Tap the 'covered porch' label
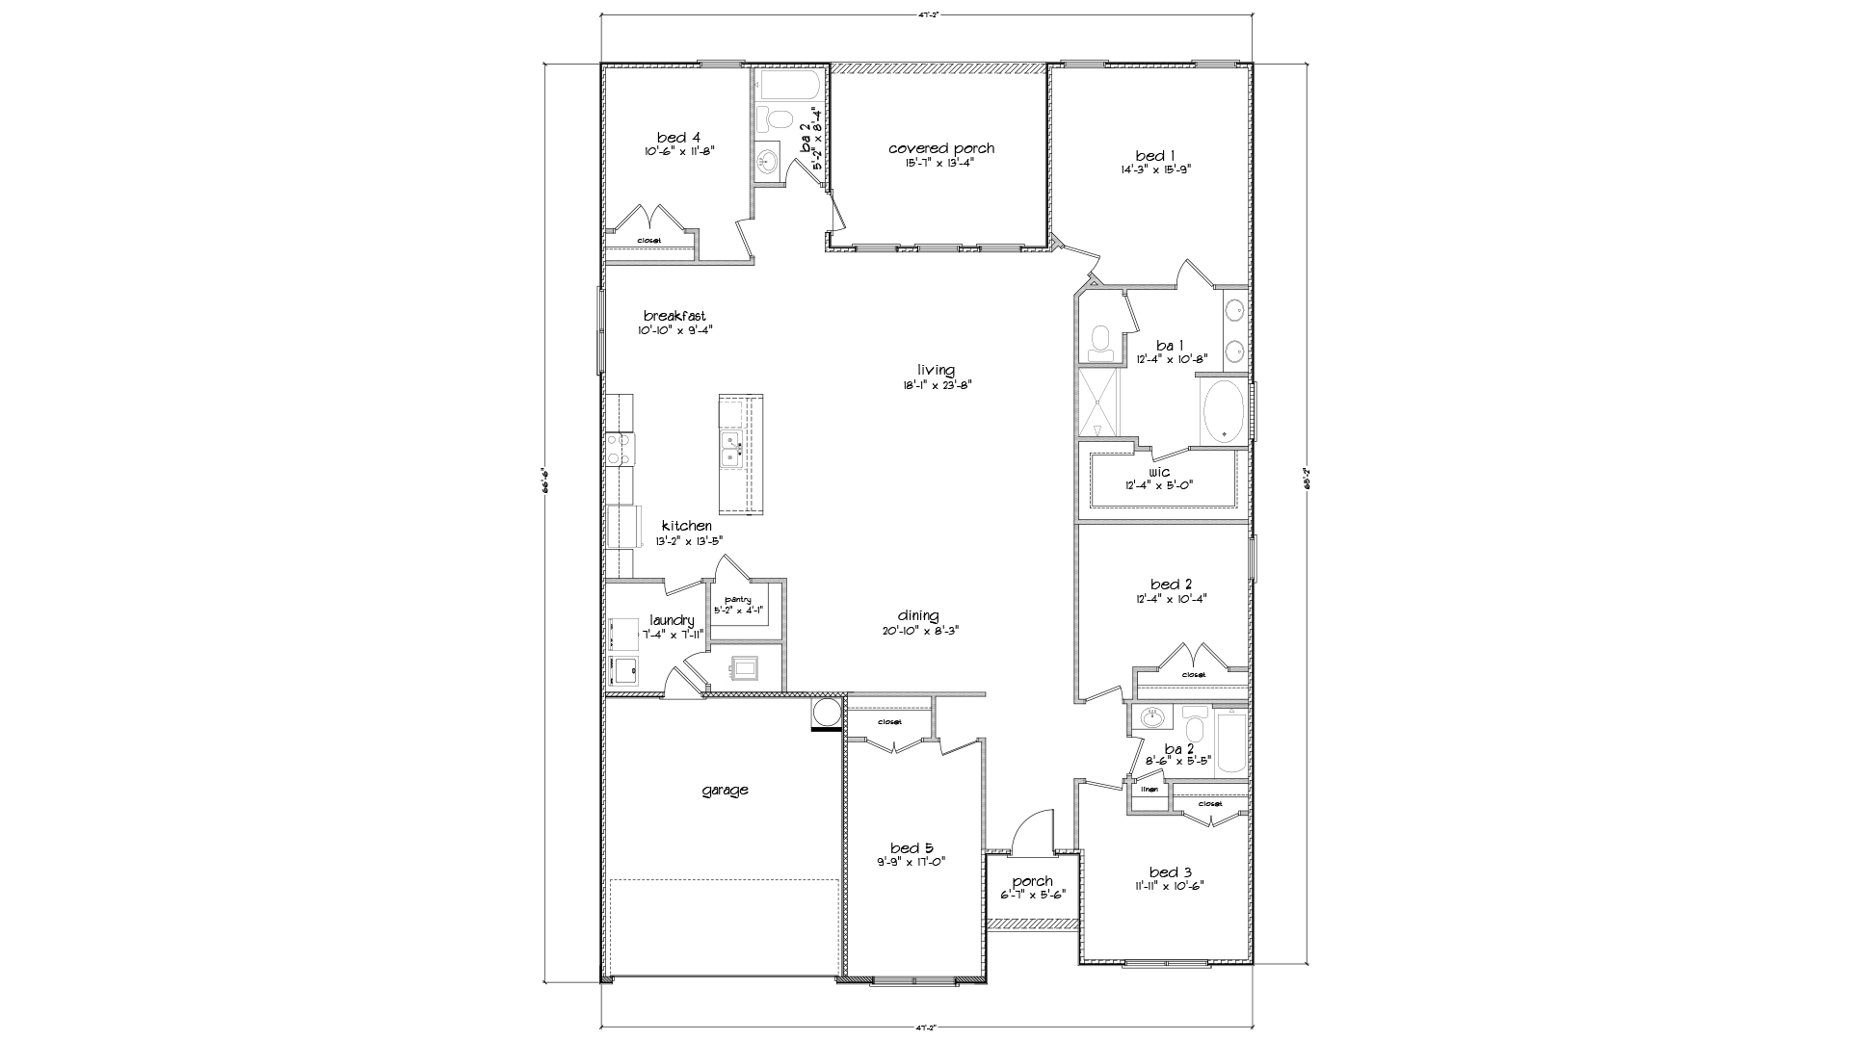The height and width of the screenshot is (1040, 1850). pos(940,148)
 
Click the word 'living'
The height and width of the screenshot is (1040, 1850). pos(936,370)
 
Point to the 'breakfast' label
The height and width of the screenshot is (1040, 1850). pos(674,316)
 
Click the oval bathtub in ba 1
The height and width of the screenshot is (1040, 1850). pos(1224,411)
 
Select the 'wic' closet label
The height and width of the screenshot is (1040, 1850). pos(1159,472)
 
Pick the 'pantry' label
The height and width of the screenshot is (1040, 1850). pos(738,600)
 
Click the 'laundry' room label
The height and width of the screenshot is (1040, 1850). pos(672,620)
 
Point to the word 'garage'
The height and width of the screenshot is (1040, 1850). pos(725,791)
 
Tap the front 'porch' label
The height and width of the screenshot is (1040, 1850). pos(1032,882)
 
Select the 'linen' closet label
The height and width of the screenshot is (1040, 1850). pos(1149,790)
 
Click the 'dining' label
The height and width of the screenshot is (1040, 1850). pos(917,616)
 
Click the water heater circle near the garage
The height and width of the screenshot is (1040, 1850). pos(827,714)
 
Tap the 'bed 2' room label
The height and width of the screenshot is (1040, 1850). pos(1171,585)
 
